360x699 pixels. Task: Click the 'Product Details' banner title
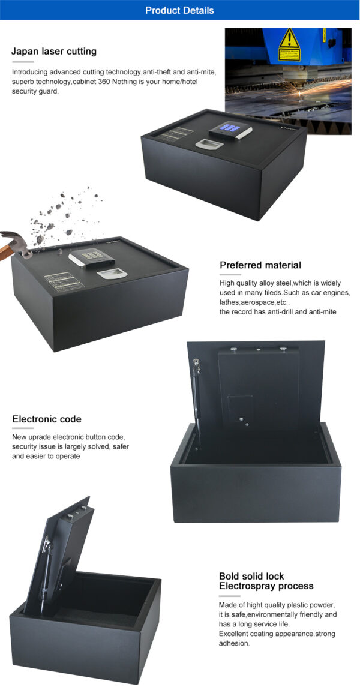point(179,10)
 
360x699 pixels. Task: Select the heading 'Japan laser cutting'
point(54,51)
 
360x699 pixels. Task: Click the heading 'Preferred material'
point(260,265)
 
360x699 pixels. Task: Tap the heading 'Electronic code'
point(47,419)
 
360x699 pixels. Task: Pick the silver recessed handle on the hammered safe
point(109,273)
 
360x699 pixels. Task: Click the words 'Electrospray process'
point(266,586)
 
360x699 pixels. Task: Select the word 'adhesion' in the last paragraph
point(233,643)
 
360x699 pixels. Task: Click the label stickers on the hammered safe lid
point(62,280)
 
